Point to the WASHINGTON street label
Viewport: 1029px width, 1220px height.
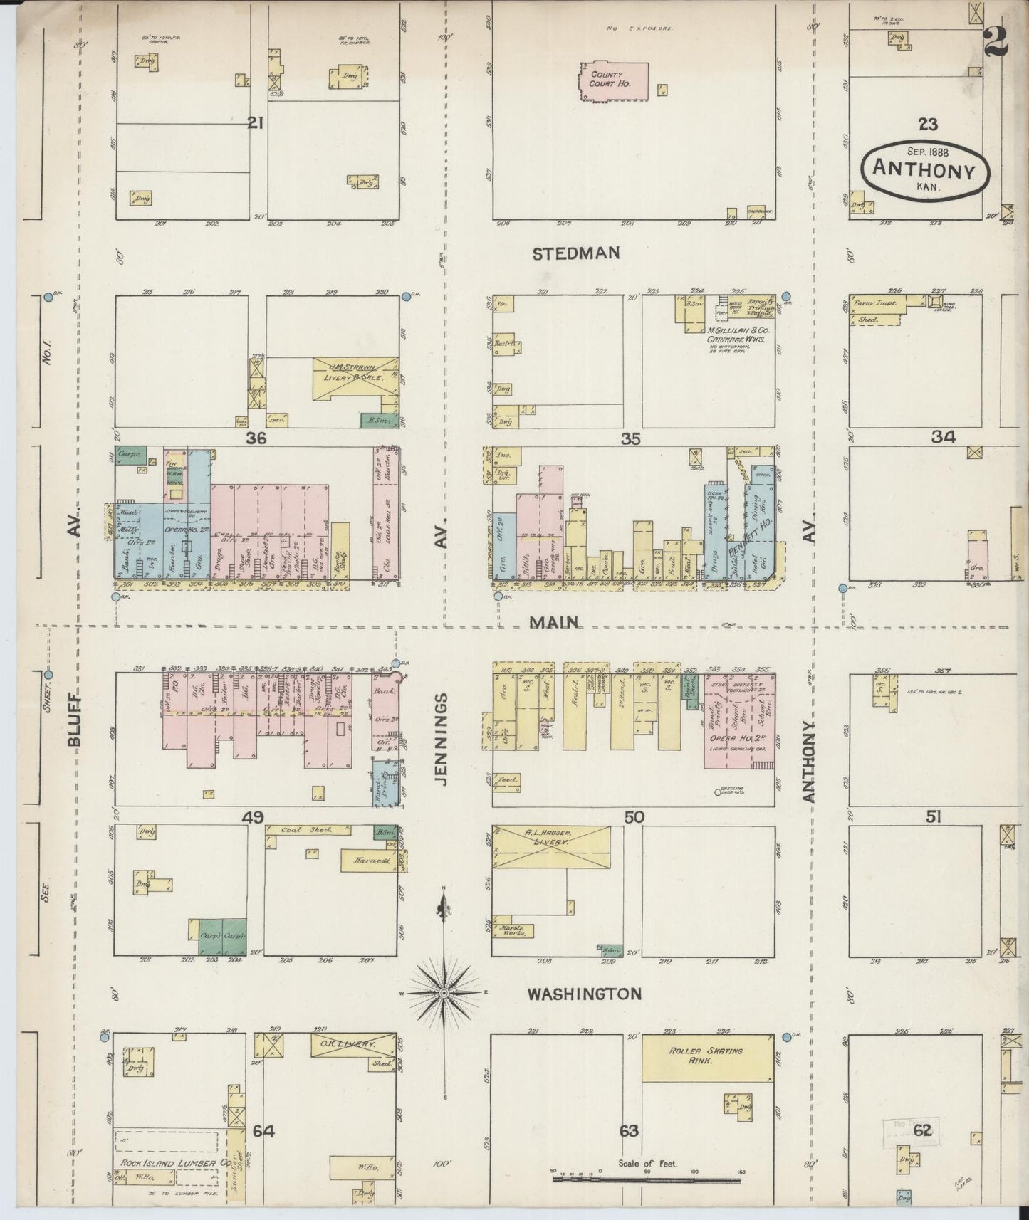click(x=584, y=994)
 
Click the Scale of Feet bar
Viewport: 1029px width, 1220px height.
click(x=647, y=1179)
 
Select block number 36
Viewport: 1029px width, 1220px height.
click(x=256, y=439)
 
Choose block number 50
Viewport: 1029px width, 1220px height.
click(x=634, y=818)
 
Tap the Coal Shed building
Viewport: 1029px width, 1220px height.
click(x=308, y=830)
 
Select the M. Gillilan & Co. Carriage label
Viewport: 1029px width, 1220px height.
click(x=736, y=335)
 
